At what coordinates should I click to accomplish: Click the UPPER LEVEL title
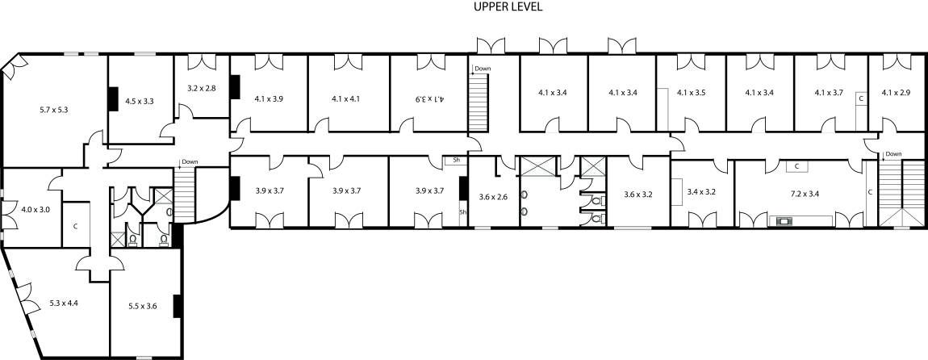point(508,7)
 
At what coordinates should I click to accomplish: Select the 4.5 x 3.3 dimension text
point(140,101)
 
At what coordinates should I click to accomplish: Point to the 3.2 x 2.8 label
point(202,88)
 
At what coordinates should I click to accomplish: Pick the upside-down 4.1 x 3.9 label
point(429,98)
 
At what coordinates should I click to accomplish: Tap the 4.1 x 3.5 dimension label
point(692,92)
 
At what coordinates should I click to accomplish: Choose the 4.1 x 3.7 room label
point(830,92)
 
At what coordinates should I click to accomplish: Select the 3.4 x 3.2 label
point(702,192)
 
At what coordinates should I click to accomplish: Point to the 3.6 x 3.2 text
point(638,194)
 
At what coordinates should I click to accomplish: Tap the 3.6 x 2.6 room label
point(493,197)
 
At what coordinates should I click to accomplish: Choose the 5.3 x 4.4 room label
point(64,303)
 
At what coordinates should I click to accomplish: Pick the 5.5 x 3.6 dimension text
point(143,306)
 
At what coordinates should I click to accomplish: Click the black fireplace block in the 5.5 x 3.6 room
point(177,306)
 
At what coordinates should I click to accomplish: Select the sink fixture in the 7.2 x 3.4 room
point(785,221)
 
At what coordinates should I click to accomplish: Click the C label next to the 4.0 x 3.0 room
point(76,225)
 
